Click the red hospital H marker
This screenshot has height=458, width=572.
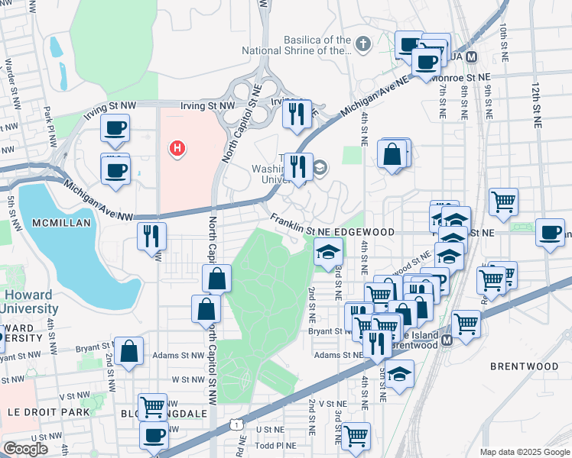tap(177, 148)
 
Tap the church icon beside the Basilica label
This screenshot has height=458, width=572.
tap(363, 44)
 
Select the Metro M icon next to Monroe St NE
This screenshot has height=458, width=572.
tap(472, 57)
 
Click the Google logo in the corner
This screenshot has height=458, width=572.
tap(25, 449)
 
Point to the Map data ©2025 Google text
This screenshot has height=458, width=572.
tap(524, 452)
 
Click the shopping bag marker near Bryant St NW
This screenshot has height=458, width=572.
tap(130, 352)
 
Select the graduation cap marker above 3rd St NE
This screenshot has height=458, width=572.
tap(328, 253)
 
